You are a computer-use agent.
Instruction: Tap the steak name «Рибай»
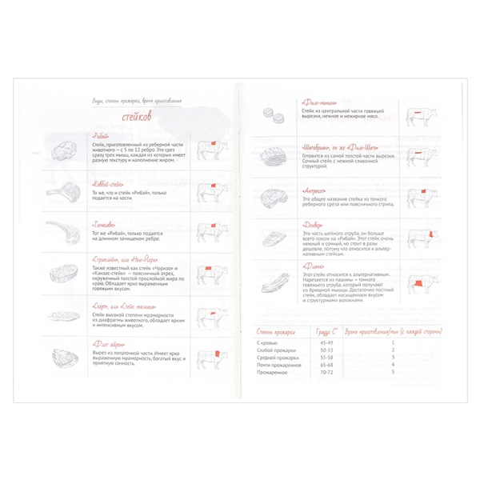click(102, 137)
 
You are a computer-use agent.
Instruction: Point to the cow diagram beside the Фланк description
click(420, 283)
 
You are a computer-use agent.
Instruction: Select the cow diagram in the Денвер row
click(420, 238)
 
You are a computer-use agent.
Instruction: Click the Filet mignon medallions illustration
click(277, 117)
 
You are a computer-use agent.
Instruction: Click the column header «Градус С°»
click(326, 330)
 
